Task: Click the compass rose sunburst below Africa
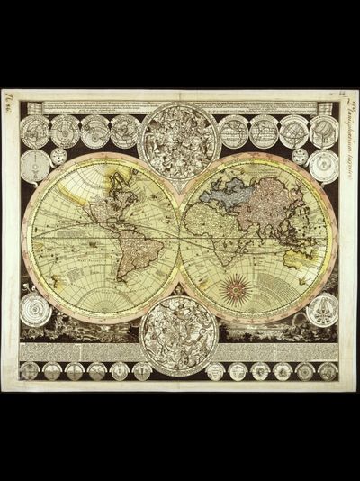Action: [x=238, y=288]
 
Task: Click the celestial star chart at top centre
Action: [x=180, y=141]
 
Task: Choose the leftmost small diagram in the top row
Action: [x=35, y=132]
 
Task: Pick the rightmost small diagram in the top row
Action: [x=323, y=132]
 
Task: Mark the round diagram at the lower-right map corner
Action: [x=322, y=309]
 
